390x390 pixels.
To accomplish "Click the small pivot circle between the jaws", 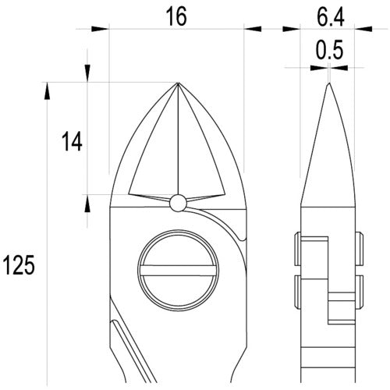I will coord(178,203).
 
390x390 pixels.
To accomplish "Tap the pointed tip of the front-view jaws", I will coord(178,83).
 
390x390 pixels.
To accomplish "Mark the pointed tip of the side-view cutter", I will coord(328,84).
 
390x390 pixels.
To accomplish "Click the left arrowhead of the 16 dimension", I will coord(100,29).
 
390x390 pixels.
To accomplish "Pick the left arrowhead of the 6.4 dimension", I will coord(292,29).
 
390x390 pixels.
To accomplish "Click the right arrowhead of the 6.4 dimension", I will coord(363,29).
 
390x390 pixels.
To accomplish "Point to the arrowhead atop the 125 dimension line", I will coord(48,90).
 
